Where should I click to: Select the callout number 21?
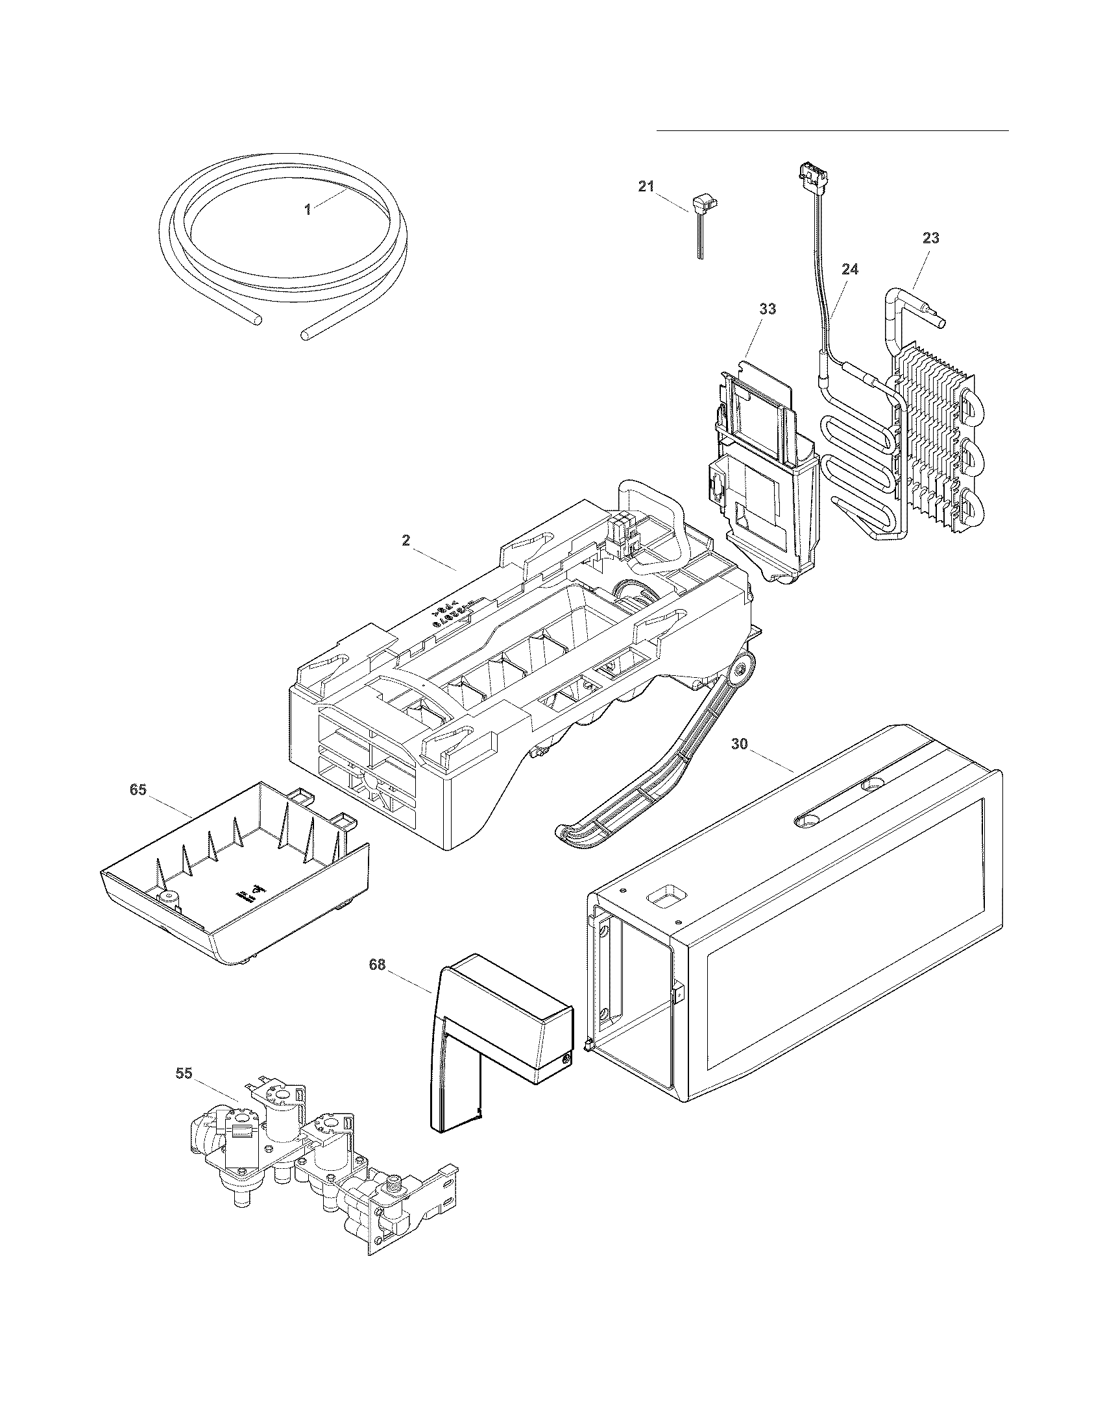coord(646,186)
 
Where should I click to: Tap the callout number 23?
coord(931,239)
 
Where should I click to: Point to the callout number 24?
coord(850,269)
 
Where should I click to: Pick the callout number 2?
coord(406,540)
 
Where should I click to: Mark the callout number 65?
coord(138,790)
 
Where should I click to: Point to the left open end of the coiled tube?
coord(258,320)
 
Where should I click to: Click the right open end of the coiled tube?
coord(304,335)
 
